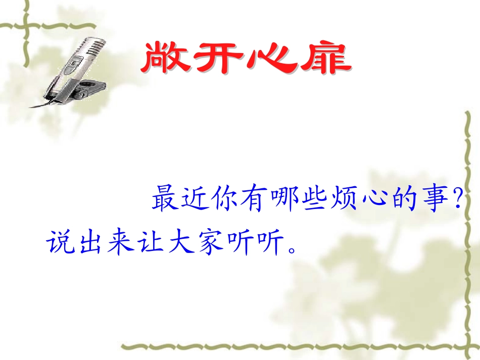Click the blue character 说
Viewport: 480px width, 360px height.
coord(60,242)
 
